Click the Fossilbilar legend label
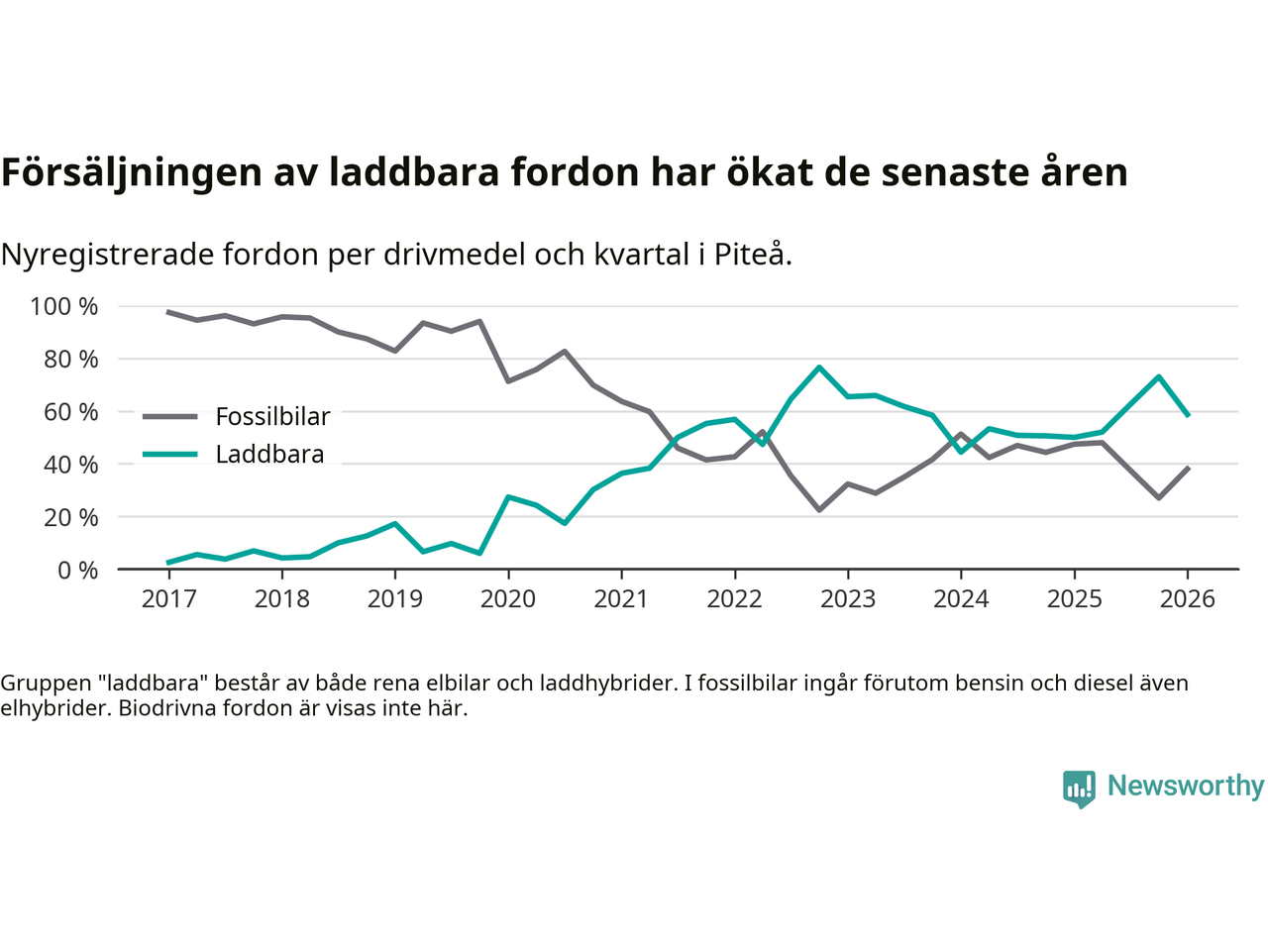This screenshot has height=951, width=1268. coord(272,417)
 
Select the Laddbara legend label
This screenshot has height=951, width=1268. coord(269,455)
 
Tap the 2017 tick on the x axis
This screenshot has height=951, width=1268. coord(168,598)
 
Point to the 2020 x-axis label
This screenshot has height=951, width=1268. coord(508,598)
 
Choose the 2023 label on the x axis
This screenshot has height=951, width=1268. coord(847,598)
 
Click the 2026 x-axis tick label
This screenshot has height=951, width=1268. coord(1187,598)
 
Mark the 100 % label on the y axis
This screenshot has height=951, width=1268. coord(64,307)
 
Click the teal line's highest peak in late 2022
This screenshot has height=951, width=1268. coord(819,368)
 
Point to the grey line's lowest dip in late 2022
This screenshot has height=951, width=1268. coord(819,509)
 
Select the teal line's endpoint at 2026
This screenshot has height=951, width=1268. coord(1188,415)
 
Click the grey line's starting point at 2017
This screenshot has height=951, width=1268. coord(168,312)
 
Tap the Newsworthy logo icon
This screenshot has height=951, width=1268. coord(1079,789)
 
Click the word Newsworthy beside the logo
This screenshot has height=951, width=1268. coord(1185,786)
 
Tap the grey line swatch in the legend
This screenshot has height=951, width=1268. coord(170,417)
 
